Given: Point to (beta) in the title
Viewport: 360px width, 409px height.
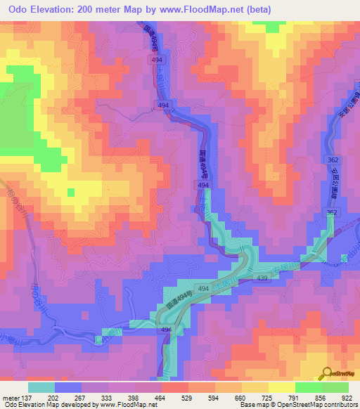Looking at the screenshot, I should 256,8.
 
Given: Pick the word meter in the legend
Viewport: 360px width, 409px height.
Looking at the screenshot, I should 11,397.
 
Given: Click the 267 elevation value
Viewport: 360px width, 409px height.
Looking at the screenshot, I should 81,397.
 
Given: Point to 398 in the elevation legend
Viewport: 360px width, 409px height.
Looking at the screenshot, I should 134,397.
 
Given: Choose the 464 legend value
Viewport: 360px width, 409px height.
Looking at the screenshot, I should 161,397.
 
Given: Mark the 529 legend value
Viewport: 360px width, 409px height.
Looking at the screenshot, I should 188,397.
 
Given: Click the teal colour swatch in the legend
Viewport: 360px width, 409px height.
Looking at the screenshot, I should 41,387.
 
